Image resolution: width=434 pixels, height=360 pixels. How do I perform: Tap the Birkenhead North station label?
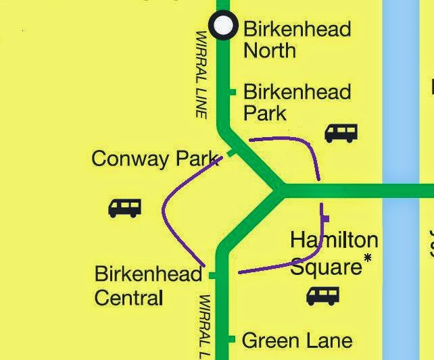(297, 39)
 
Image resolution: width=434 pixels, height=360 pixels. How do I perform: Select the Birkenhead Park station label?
(297, 102)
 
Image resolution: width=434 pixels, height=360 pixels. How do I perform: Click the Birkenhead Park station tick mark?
(232, 92)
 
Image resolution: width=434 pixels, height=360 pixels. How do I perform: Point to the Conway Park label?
(155, 159)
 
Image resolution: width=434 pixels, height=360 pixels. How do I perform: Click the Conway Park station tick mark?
(232, 153)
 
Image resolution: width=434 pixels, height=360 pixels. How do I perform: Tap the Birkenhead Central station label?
(148, 286)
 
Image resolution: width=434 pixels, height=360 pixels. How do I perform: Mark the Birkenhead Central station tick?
(212, 276)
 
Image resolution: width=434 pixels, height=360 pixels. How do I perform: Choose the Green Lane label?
(297, 340)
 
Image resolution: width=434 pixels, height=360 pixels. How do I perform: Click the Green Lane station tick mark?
(232, 339)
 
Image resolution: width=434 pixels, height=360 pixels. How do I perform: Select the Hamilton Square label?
(333, 253)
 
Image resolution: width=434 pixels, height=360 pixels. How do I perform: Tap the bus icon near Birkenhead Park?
(341, 133)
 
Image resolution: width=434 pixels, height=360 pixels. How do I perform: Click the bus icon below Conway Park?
(125, 207)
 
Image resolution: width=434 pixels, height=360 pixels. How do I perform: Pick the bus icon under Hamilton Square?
(322, 295)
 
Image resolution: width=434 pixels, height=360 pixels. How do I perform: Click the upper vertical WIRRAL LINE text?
(201, 74)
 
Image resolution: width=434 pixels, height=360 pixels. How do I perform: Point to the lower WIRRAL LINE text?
(205, 327)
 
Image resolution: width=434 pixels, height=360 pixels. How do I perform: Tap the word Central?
(128, 297)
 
